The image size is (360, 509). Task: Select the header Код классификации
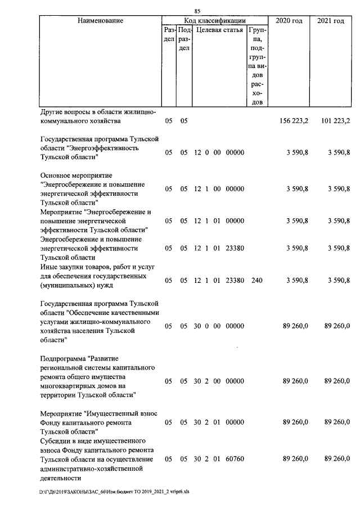click(214, 21)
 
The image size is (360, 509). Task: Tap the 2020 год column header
click(289, 21)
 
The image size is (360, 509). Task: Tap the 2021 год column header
click(331, 21)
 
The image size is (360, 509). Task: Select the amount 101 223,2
click(336, 121)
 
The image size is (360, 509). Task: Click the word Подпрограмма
click(64, 358)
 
